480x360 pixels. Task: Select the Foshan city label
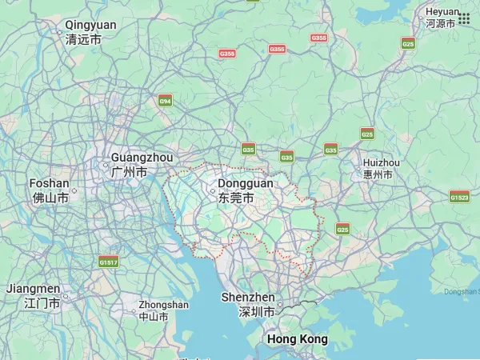50,190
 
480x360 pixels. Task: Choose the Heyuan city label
442,18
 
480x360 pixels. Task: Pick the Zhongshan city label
163,310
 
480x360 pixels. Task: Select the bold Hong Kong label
297,339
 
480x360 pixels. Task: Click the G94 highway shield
166,102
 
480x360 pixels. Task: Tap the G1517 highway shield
109,262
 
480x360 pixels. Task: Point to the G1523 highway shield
460,197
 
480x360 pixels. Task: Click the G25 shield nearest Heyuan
408,44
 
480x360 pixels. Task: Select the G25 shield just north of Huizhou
367,134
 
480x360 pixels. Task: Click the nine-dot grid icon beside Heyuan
464,18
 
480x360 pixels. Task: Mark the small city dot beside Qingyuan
60,33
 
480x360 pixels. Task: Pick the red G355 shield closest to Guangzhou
227,54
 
